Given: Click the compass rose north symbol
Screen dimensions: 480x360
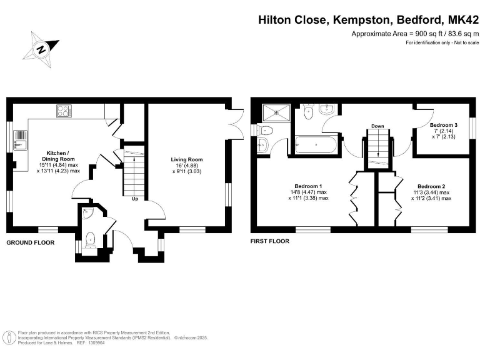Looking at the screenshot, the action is (41, 49).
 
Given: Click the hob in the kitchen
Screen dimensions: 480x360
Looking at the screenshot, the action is (64, 111).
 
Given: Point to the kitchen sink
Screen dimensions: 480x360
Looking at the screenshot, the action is (20, 141).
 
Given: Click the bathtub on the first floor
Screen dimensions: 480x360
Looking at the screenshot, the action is (316, 144).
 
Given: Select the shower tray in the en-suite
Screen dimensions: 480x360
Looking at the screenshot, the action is (276, 112).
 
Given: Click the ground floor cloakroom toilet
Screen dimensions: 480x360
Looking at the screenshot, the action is (90, 240).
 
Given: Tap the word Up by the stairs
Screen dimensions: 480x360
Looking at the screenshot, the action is (135, 199).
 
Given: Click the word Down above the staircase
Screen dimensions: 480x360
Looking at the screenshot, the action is (377, 126).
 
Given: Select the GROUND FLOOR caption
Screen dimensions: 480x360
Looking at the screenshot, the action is (30, 242).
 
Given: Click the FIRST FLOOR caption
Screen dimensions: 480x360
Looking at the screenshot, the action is (270, 241).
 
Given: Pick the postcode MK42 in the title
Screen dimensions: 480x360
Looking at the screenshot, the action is (463, 20).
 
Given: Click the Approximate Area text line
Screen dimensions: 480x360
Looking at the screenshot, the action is (415, 34).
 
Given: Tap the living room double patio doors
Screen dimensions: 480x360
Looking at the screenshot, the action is (236, 124).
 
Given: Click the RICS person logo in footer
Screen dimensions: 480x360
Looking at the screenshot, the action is (10, 338).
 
